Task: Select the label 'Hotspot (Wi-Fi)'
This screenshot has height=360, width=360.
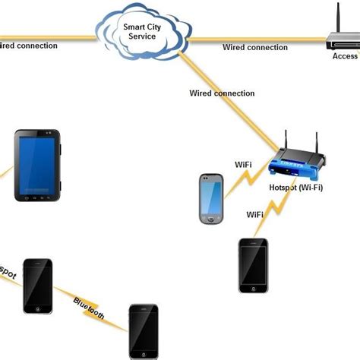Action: point(295,188)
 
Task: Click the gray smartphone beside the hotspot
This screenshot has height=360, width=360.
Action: point(211,199)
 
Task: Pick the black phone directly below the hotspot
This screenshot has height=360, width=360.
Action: point(253,265)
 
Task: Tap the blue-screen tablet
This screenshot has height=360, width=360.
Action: point(36,166)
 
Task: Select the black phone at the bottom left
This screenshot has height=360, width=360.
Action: point(37,285)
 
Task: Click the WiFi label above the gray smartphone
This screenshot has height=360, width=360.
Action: point(242,163)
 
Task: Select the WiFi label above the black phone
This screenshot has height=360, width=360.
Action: point(255,215)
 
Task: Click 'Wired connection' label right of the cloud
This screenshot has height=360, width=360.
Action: point(255,47)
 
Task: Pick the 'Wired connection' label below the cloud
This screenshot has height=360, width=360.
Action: point(222,93)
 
